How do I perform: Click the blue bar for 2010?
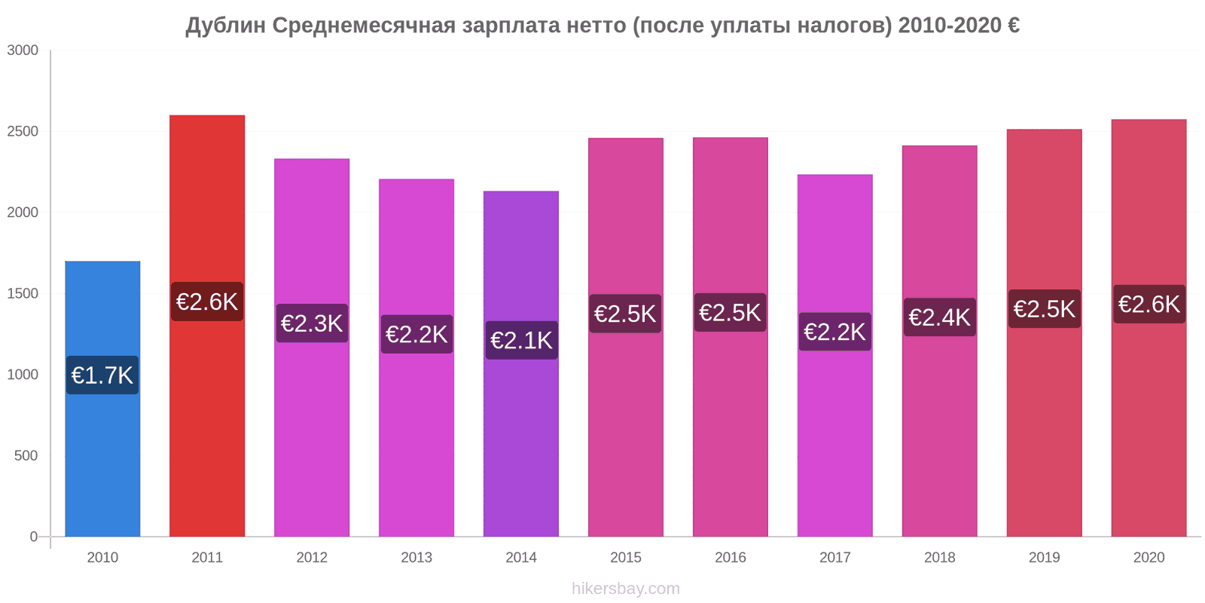click(102, 452)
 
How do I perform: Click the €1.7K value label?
click(102, 375)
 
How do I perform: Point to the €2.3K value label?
click(312, 323)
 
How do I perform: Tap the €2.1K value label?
click(521, 340)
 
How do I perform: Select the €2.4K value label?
click(939, 317)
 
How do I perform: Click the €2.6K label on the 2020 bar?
click(1149, 304)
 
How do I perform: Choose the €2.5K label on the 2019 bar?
click(1044, 309)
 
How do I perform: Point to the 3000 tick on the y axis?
click(23, 51)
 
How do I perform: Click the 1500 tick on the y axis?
click(23, 294)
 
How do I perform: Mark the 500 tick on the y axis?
click(26, 456)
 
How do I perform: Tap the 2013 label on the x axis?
click(416, 558)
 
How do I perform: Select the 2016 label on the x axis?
click(731, 558)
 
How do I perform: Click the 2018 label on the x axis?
click(939, 558)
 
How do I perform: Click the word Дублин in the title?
click(226, 26)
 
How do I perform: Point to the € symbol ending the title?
click(1013, 26)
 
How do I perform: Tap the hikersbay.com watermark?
click(625, 589)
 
